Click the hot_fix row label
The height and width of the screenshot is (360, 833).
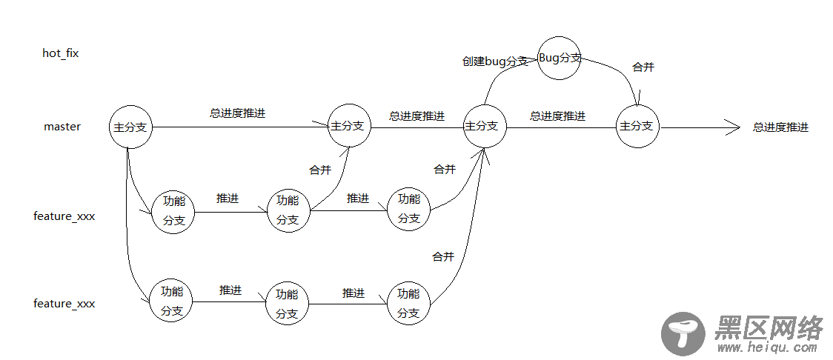click(x=61, y=53)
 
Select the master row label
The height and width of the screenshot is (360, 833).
click(x=62, y=127)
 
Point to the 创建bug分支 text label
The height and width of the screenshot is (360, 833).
click(x=495, y=61)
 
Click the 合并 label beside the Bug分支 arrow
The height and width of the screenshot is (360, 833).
click(x=643, y=67)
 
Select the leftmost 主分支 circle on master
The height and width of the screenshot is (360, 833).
click(x=130, y=127)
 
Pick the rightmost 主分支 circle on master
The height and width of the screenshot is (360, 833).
click(x=637, y=126)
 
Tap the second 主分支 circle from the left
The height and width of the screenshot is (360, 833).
click(x=348, y=126)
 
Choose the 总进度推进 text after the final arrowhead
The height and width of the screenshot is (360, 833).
click(x=780, y=127)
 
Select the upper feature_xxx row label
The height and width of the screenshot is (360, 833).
click(x=64, y=216)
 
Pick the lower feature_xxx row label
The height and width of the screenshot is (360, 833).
click(x=64, y=304)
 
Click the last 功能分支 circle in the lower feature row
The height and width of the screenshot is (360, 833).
click(x=408, y=303)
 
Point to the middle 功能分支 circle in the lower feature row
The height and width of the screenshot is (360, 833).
click(x=288, y=303)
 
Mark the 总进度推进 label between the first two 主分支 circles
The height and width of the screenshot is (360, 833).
click(x=238, y=114)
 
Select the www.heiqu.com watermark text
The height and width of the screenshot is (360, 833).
click(x=768, y=347)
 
